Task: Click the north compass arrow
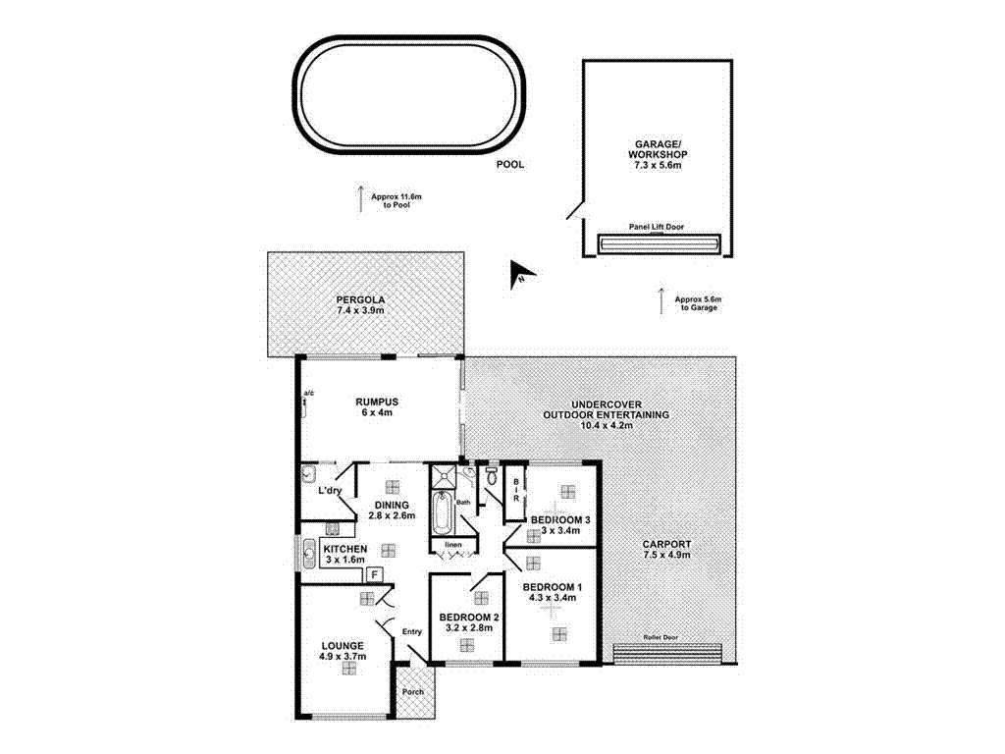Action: coord(520,277)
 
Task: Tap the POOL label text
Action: coord(509,165)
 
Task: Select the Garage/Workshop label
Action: coord(657,155)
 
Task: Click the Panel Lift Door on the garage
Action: coord(657,242)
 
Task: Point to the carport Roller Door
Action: coord(667,653)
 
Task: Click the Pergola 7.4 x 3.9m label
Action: coord(359,303)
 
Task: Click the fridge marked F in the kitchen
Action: coord(374,575)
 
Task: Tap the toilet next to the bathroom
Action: coord(493,480)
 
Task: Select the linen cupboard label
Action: coord(451,544)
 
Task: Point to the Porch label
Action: coord(413,691)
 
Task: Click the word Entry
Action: coord(410,631)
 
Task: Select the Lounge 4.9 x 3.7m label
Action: coord(341,650)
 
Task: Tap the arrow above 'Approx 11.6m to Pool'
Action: coord(360,196)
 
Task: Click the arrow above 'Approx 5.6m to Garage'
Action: coord(661,298)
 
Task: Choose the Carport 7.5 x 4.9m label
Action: coord(666,549)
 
